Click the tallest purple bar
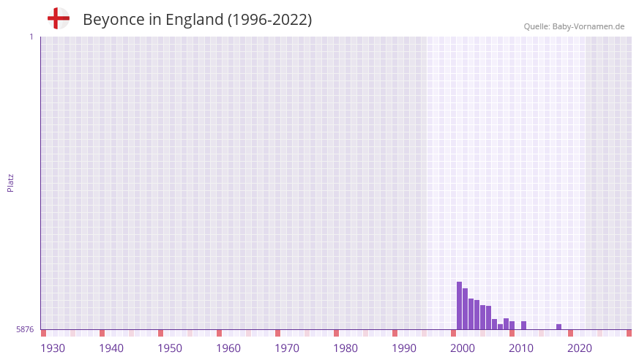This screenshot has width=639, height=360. [459, 306]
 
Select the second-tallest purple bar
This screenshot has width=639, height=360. [465, 309]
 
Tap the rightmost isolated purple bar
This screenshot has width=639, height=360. [558, 326]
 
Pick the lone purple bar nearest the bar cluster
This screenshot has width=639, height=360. [523, 325]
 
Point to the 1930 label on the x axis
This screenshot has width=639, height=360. [53, 348]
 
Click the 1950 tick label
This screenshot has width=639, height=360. [170, 348]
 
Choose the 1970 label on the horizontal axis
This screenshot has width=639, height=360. [287, 348]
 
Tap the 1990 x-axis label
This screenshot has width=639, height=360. [404, 348]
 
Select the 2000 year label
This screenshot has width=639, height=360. [463, 348]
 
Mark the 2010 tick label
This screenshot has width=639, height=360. [521, 348]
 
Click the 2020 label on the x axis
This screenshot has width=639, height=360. [580, 348]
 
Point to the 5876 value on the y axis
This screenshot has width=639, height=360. [25, 329]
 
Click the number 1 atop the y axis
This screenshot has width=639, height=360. [31, 37]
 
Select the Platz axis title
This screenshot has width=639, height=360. [10, 182]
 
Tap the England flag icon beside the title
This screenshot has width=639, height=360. [58, 18]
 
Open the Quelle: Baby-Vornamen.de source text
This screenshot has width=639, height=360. [574, 26]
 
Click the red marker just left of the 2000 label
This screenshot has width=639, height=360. [453, 333]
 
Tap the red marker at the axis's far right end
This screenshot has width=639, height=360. [629, 333]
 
